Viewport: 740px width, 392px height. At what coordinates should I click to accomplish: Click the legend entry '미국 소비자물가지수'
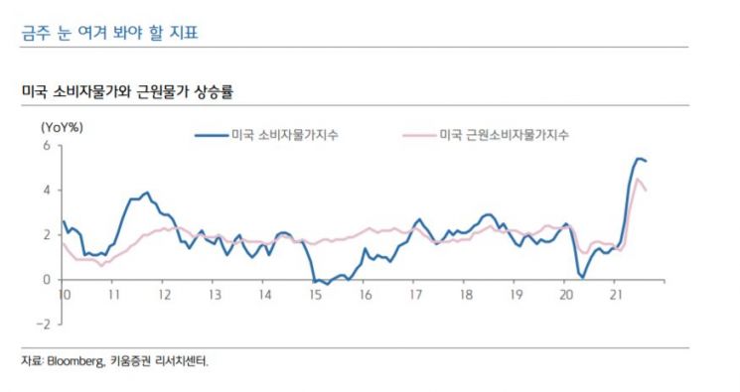tap(283, 134)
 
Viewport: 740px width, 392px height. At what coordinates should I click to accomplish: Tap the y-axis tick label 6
tap(46, 146)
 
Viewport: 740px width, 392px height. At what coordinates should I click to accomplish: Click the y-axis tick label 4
tap(46, 191)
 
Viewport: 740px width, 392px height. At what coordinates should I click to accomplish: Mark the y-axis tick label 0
tap(46, 280)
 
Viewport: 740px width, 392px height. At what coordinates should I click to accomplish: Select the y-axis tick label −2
tap(43, 325)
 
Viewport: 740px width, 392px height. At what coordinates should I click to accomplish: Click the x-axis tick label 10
tap(63, 296)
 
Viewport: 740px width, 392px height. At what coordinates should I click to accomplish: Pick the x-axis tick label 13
tap(214, 296)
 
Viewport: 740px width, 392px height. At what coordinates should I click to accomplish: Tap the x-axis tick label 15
tap(314, 296)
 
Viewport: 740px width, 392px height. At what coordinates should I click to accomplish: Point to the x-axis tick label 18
tap(465, 296)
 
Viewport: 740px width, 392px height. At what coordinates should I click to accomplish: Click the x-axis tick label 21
tap(616, 296)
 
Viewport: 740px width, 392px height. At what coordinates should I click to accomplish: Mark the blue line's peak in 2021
tap(639, 159)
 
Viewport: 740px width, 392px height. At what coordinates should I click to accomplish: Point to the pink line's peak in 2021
tap(638, 179)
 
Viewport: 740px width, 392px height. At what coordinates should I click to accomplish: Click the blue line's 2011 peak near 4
tap(147, 193)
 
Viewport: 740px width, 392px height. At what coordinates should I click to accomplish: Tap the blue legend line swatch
tap(211, 134)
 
